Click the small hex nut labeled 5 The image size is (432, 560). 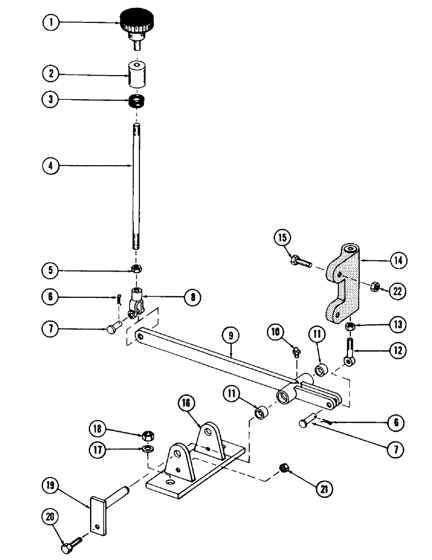pyautogui.click(x=136, y=269)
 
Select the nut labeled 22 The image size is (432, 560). pyautogui.click(x=377, y=287)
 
